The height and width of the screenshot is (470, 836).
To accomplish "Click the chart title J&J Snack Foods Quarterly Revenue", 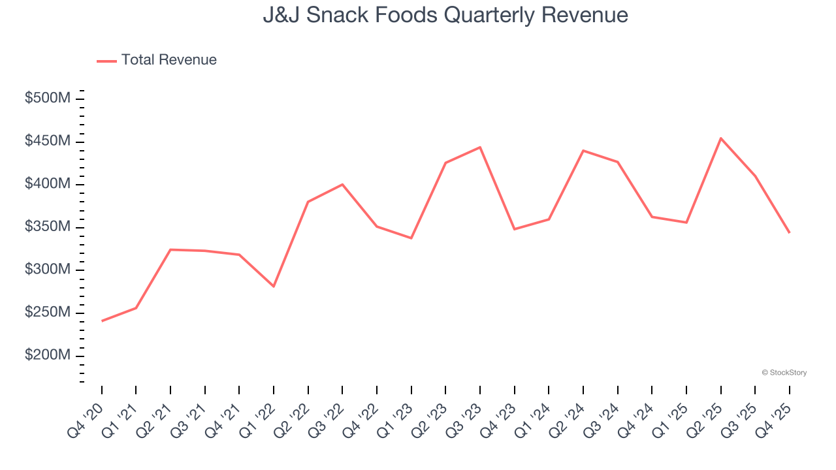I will point(445,15).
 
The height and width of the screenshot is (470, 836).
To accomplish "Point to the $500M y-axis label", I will point(48,99).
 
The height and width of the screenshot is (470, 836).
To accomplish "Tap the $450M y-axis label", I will point(48,142).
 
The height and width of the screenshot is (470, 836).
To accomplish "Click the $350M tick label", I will point(48,227).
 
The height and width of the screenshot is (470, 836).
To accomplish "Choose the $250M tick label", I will point(48,313).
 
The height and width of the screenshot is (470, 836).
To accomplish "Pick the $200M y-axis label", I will point(48,356).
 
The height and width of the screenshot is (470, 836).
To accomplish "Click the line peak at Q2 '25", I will point(721,138).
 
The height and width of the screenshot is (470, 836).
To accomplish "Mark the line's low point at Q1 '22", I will point(274,286).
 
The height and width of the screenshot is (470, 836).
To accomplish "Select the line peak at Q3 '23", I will point(480,148).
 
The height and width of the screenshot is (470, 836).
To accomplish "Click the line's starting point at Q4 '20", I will point(102,321).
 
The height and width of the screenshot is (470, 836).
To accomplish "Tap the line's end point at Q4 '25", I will point(789,232).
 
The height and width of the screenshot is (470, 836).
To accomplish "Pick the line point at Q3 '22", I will point(342,185).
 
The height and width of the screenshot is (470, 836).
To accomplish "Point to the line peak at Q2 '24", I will point(583,151).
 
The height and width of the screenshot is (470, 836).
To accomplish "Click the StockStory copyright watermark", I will point(784,373).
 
